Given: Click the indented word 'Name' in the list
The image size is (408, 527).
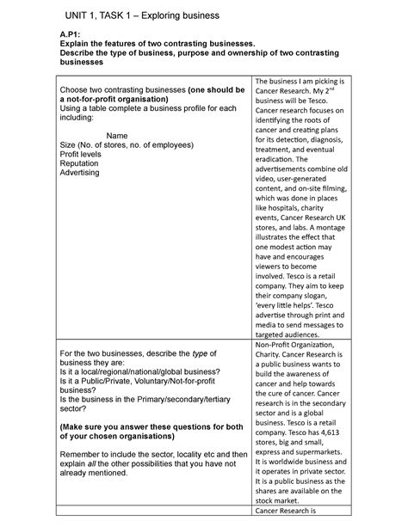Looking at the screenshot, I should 120,134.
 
